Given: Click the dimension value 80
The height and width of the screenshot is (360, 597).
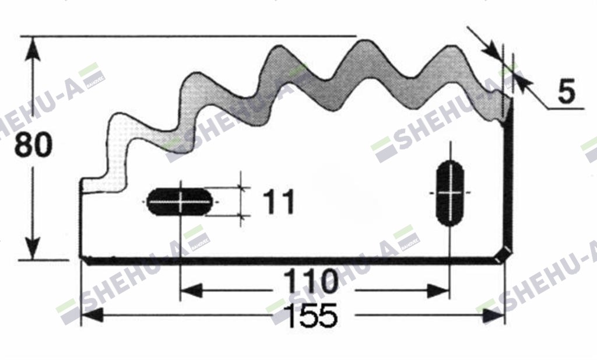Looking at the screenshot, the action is click(x=33, y=145).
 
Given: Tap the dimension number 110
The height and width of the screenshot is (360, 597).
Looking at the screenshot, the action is click(x=311, y=281).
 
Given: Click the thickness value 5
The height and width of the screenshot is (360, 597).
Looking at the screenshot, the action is click(x=566, y=92).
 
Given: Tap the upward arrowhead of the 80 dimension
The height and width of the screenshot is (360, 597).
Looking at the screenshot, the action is click(x=33, y=47).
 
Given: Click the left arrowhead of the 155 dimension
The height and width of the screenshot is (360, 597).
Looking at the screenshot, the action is click(x=92, y=315).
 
